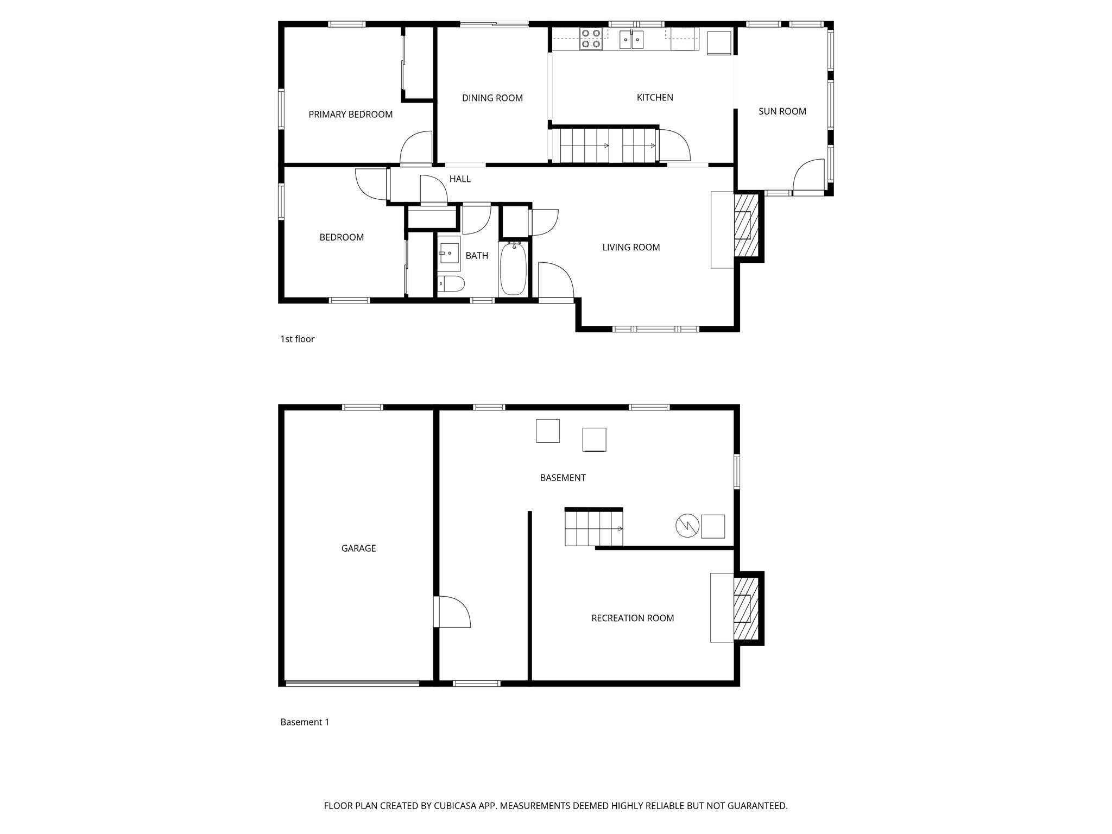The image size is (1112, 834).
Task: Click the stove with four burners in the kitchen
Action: tap(591, 39)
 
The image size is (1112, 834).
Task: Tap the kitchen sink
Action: tap(631, 40)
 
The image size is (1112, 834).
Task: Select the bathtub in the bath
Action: tap(513, 269)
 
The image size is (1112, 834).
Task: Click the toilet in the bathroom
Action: tap(452, 283)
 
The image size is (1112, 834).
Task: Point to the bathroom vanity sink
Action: tap(450, 254)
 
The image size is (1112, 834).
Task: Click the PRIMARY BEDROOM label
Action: tap(350, 115)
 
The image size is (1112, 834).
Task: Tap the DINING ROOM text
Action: tap(492, 98)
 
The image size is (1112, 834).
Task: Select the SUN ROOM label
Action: tap(782, 111)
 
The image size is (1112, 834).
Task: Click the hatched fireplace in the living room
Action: tap(746, 225)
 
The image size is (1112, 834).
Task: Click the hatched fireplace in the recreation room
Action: tap(746, 608)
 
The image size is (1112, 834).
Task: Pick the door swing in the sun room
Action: tap(808, 175)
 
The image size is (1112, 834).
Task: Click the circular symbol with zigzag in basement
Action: tap(687, 526)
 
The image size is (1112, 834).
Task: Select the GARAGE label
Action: tap(358, 548)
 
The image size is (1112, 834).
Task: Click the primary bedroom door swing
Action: tap(416, 148)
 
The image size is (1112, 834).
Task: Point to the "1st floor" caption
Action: tap(297, 339)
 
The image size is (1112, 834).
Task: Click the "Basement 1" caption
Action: tap(305, 722)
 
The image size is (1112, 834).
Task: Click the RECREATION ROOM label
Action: tap(632, 618)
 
